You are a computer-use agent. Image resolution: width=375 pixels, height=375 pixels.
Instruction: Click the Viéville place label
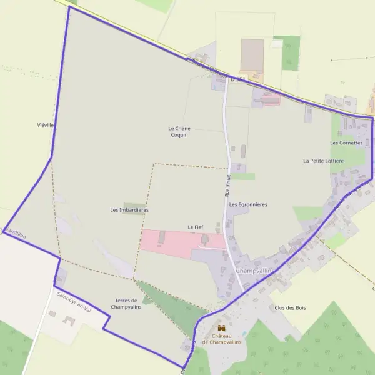tap(46, 125)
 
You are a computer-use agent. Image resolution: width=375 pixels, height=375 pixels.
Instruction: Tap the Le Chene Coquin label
tap(179, 131)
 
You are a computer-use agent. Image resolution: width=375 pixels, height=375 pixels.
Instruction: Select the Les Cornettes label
tap(346, 142)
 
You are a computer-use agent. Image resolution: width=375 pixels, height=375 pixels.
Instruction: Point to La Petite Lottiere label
tap(323, 161)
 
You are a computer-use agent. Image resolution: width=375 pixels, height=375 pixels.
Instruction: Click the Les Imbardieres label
tap(129, 210)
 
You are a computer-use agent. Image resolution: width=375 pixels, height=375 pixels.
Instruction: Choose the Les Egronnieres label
tap(248, 204)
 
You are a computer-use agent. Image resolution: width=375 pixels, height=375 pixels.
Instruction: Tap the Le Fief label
tap(195, 226)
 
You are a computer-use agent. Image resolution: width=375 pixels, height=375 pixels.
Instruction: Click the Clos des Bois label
tap(290, 307)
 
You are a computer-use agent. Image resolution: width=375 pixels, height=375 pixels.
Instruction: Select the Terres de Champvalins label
tap(126, 304)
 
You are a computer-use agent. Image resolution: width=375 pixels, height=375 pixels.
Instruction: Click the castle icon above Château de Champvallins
tap(221, 327)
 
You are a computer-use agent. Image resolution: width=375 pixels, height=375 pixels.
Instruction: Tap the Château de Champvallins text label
tap(221, 339)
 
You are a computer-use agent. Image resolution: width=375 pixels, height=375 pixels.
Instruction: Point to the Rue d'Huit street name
tap(228, 186)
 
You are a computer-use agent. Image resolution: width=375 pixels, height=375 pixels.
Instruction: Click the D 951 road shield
tap(238, 79)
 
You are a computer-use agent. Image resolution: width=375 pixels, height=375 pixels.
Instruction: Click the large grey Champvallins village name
tap(256, 271)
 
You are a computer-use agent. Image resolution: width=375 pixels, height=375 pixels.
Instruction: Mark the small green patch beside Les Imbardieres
tap(133, 204)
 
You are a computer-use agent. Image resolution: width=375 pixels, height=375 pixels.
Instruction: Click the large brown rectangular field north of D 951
tap(252, 54)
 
